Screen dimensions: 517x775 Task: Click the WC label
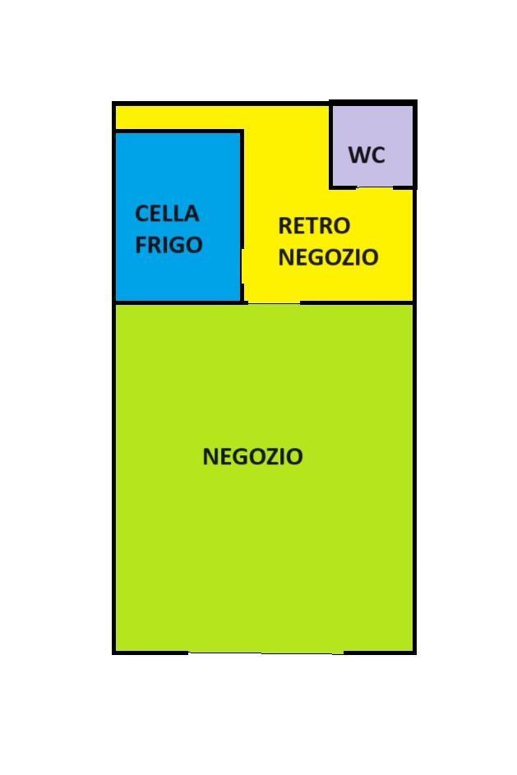coord(367,155)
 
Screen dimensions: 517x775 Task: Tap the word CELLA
coord(167,214)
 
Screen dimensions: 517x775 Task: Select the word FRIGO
coord(169,244)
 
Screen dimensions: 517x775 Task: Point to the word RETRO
coord(314,226)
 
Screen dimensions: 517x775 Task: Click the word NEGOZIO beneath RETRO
coord(329,256)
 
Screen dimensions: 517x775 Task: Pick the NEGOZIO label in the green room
coord(252,456)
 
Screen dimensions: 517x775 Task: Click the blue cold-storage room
coord(178,216)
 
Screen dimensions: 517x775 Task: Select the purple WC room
coord(372,145)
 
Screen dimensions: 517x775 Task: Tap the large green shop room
coord(265,477)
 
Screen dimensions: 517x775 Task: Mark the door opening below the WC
coord(375,187)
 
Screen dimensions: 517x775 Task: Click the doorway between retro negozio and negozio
coord(274,302)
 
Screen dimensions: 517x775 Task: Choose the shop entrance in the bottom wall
coord(266,652)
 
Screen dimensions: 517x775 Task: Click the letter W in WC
coord(358,155)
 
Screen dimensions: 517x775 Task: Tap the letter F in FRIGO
coord(141,244)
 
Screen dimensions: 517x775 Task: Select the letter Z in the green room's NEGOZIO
coord(267,456)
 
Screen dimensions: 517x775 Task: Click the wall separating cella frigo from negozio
coord(179,302)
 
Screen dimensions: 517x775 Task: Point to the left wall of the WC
coord(331,145)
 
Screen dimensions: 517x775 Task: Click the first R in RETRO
coord(285,226)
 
